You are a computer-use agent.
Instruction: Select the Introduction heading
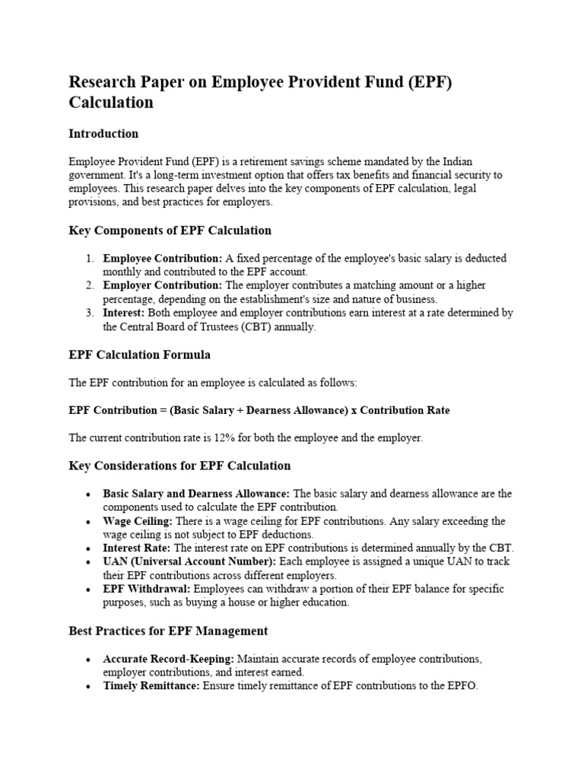[103, 134]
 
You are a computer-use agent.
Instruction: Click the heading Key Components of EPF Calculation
[170, 231]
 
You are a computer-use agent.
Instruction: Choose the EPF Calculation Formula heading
[140, 355]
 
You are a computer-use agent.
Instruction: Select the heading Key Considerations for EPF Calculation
[179, 466]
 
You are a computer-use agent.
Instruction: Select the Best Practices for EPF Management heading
[168, 631]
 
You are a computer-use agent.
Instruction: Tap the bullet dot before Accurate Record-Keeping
[89, 660]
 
